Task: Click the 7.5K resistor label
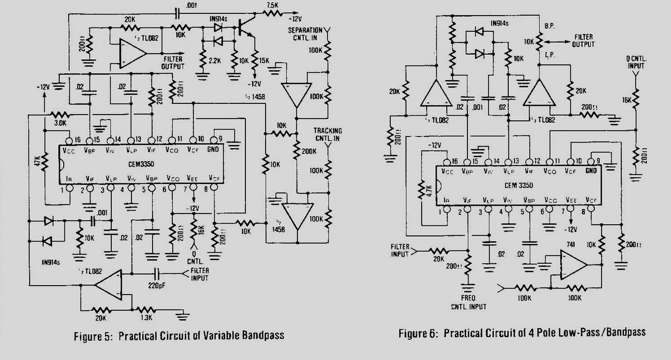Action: point(272,5)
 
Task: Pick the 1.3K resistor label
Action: point(146,318)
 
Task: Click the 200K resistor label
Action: point(309,152)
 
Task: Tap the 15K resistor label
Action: point(264,60)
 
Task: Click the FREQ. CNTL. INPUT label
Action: point(467,302)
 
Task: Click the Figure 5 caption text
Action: point(179,335)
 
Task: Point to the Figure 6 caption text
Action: point(522,333)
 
